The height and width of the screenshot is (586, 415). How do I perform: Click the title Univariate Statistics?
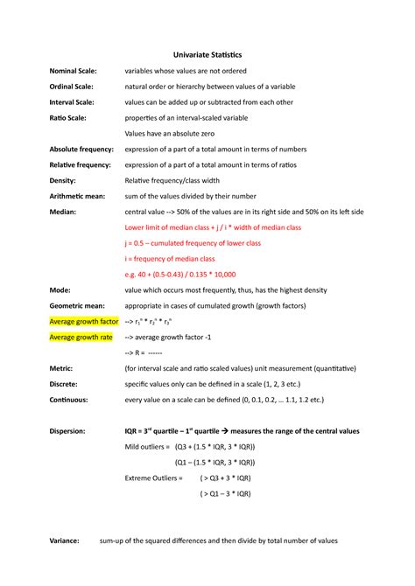(207, 54)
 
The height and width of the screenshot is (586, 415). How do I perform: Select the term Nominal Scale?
(74, 70)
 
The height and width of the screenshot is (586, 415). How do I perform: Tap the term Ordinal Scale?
(73, 86)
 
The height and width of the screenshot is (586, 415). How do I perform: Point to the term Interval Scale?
(74, 101)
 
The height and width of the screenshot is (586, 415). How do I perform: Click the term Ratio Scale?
(68, 117)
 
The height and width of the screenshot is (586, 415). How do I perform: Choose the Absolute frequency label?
(86, 149)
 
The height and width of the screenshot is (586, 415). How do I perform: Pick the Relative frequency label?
(83, 164)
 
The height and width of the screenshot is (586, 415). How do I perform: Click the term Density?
(64, 180)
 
